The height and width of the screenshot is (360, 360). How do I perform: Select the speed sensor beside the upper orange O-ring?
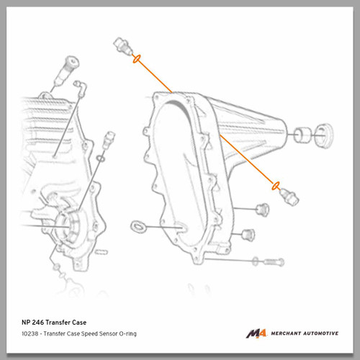coord(122,45)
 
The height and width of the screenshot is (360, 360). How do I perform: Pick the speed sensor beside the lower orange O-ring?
coord(289,197)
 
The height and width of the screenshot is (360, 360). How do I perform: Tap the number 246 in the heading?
coord(37,323)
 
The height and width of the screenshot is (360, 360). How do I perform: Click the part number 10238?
coord(30,333)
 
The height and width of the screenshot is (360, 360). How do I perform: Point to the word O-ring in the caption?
coord(127,334)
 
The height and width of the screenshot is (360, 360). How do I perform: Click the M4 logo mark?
coord(256,333)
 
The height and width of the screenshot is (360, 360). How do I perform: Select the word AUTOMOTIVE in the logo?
coord(321,333)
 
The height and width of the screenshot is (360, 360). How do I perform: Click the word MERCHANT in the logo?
coord(286,333)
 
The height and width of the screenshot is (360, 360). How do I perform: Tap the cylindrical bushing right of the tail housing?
coord(302,135)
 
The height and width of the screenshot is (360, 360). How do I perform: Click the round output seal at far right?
coord(324,136)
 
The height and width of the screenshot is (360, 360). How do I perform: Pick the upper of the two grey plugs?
coord(262,210)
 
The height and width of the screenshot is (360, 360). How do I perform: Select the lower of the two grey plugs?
coord(248,235)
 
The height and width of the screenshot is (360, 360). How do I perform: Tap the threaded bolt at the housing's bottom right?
coord(274,261)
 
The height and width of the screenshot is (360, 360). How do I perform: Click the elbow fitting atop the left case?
coord(81,88)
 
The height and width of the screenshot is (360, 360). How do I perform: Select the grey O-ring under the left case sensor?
coord(101,158)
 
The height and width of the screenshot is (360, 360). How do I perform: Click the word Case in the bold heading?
coord(79,323)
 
